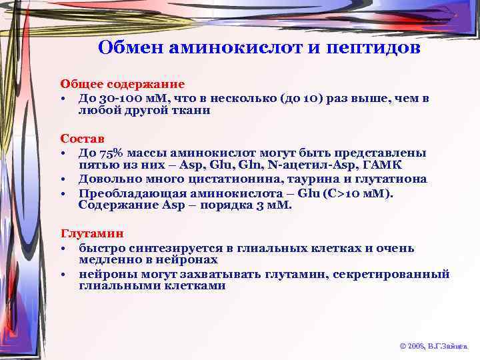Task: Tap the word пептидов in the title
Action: coord(374,49)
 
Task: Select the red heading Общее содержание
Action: coord(123,85)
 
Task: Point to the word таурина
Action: coord(297,179)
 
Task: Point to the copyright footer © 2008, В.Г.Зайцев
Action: coord(433,347)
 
